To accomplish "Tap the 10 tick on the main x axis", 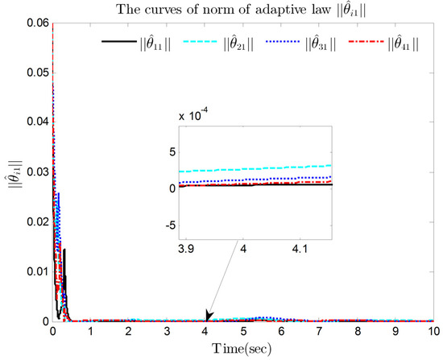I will coord(433,331).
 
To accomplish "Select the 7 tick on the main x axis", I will coord(319,331).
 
